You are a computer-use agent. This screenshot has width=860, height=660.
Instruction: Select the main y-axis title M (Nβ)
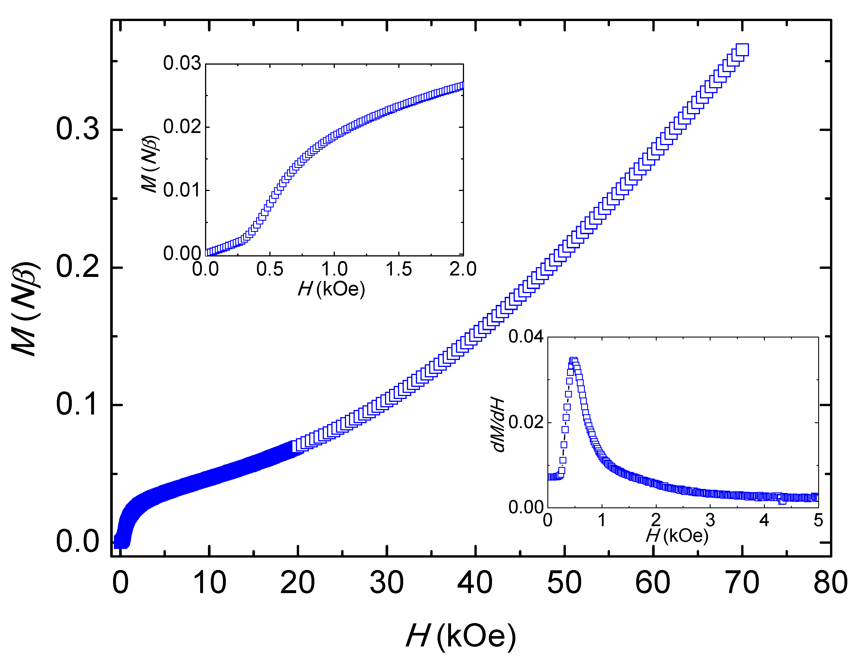click(26, 309)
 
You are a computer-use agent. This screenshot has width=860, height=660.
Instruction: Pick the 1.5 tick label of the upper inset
click(399, 269)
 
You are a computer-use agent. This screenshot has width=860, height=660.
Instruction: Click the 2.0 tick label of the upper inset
click(463, 269)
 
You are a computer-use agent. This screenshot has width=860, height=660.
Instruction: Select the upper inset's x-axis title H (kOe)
click(331, 289)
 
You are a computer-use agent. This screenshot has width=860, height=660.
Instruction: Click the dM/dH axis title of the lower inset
click(498, 425)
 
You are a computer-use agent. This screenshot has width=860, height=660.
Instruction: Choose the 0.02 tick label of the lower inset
click(526, 422)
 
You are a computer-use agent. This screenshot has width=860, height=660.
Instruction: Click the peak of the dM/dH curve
click(573, 360)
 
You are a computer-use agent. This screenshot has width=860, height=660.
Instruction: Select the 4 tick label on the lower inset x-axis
click(764, 521)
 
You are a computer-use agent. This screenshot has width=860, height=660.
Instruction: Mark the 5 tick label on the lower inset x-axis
click(818, 521)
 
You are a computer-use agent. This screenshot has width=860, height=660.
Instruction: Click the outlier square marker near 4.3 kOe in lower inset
click(782, 500)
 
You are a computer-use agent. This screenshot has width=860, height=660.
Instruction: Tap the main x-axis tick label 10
click(210, 583)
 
